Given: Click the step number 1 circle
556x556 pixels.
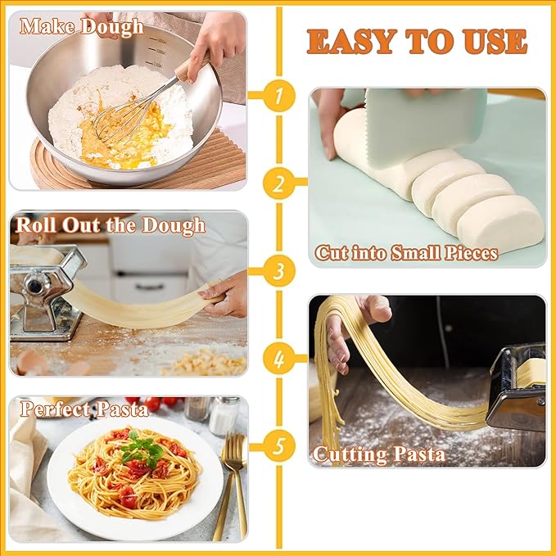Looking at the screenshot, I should click(x=278, y=97).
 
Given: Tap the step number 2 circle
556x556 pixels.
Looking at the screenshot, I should click(x=278, y=183).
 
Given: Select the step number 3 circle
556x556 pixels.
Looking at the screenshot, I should click(x=278, y=269).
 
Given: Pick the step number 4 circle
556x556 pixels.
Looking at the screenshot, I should click(x=278, y=359).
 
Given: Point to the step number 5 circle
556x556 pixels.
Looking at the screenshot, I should click(x=278, y=447).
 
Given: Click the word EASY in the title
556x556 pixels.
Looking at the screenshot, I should click(x=353, y=41).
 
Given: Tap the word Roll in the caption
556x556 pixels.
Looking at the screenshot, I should click(x=36, y=225).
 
